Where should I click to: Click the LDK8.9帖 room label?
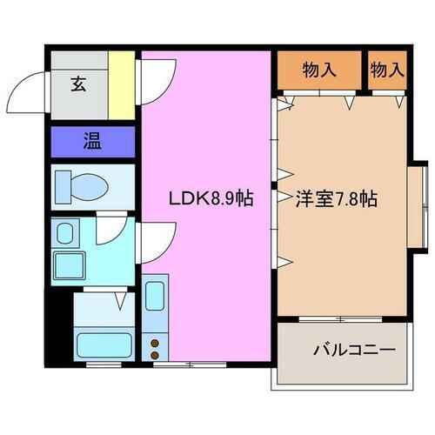point(211,198)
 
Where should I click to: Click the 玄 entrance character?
point(78,84)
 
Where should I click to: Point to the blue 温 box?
point(91,140)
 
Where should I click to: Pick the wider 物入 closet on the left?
point(318,70)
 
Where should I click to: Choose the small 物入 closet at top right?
point(388,70)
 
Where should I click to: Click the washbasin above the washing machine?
point(66,232)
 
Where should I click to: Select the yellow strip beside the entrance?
point(126,84)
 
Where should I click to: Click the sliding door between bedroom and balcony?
point(342,318)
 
